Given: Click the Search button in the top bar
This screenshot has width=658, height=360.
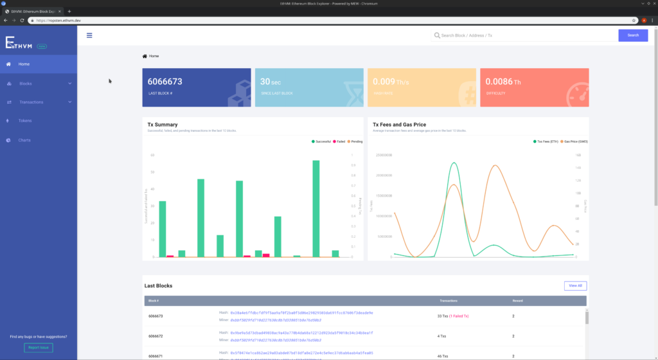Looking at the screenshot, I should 633,35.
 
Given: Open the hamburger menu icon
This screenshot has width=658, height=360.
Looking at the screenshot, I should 89,36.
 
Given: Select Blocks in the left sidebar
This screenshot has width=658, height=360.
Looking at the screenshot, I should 26,84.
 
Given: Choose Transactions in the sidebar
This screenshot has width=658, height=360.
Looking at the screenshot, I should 31,102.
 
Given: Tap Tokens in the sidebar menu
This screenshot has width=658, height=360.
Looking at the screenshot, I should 25,121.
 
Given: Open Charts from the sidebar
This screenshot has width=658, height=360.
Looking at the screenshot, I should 24,139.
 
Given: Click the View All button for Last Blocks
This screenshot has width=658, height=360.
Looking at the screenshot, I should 575,285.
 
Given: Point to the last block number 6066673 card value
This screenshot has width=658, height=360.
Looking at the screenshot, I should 165,82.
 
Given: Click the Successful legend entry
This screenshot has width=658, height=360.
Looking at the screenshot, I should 323,141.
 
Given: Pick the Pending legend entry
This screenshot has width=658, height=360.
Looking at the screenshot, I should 356,141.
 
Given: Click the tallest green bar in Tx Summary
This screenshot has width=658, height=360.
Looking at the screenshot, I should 316,208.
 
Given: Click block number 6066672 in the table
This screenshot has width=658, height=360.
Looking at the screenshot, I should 156,336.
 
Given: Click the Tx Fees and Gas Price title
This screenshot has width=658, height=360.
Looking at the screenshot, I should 399,124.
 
